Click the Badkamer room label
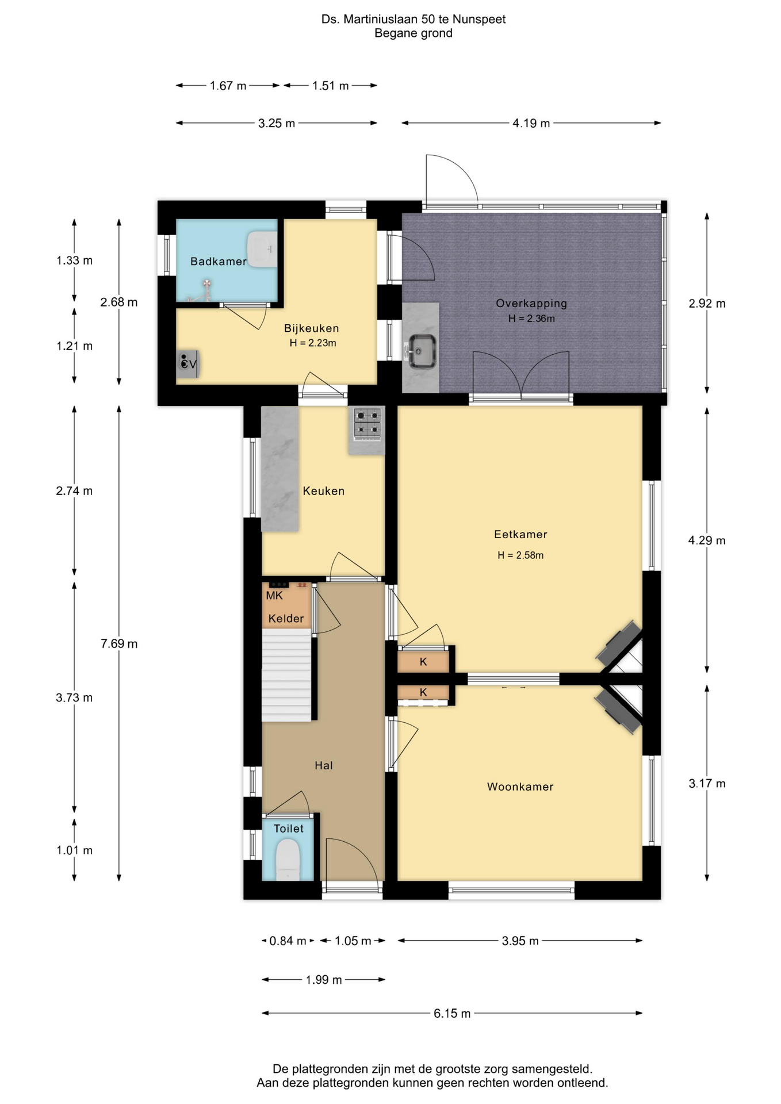[219, 262]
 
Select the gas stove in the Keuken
[367, 424]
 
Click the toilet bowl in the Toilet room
[288, 860]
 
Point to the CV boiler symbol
[187, 363]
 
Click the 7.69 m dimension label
[119, 643]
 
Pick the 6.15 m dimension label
[452, 1013]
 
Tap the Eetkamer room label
[520, 534]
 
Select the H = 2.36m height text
[531, 319]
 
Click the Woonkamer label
[520, 787]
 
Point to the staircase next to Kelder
[286, 674]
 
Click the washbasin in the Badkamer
[262, 250]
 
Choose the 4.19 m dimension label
[531, 123]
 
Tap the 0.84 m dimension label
[288, 941]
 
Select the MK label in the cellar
[274, 596]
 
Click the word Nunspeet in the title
[479, 20]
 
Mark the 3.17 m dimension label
[707, 783]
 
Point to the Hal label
[324, 765]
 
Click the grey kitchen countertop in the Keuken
[280, 469]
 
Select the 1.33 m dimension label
[74, 260]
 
